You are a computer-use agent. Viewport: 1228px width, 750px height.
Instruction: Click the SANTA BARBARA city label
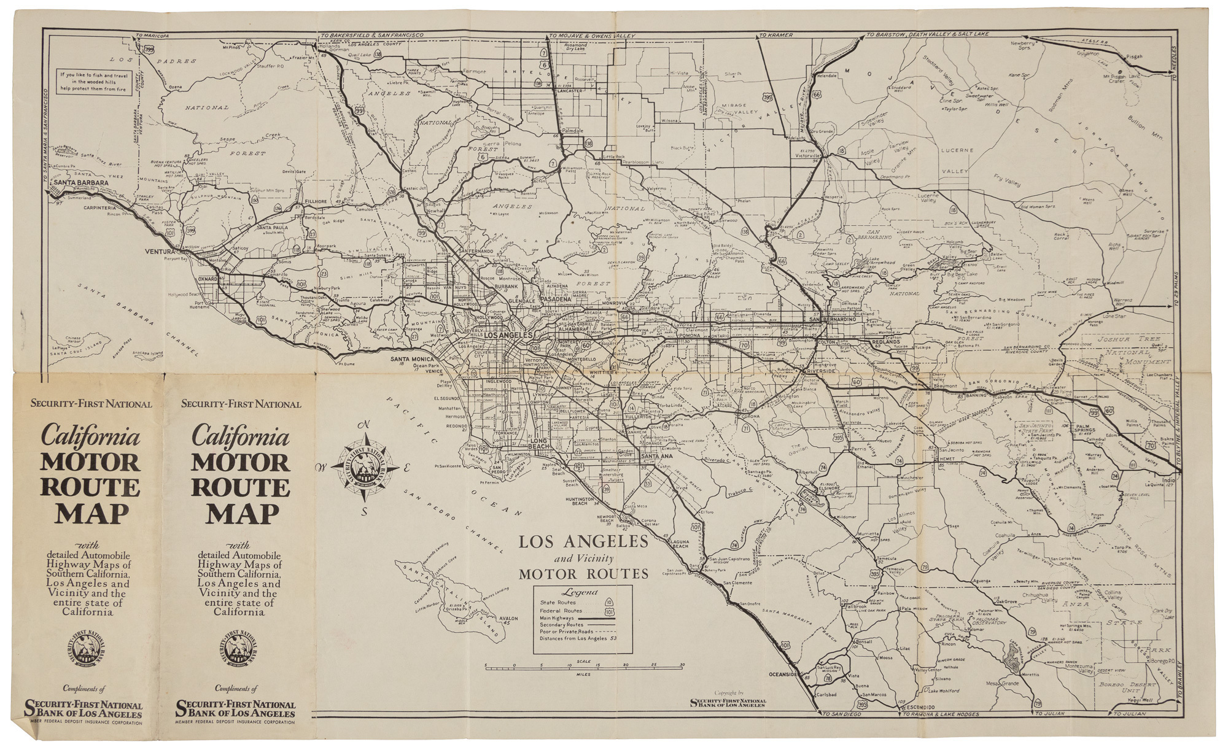[x=80, y=182]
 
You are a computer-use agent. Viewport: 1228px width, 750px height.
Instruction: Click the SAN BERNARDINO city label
[x=832, y=320]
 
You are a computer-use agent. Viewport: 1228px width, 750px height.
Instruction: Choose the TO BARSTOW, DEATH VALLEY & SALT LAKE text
[x=927, y=36]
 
